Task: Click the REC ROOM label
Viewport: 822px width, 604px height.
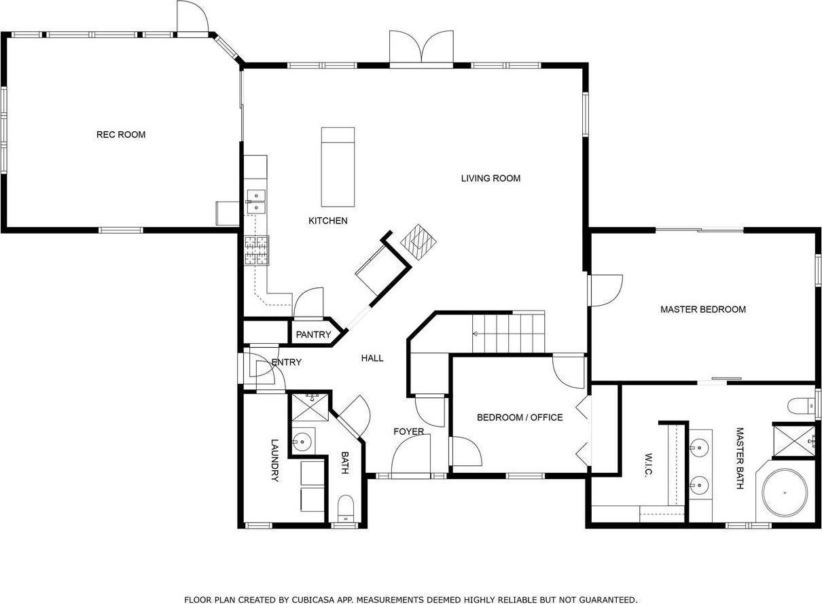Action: (x=121, y=135)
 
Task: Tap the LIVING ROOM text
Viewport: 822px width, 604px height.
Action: (x=490, y=179)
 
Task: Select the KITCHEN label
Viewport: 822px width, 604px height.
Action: (x=327, y=221)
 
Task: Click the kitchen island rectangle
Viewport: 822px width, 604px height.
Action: (x=338, y=167)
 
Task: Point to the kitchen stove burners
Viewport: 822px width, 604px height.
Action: (x=257, y=250)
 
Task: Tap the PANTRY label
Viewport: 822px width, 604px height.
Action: (x=313, y=335)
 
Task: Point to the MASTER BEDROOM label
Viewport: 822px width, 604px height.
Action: (x=703, y=310)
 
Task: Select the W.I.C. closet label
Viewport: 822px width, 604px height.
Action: (x=648, y=465)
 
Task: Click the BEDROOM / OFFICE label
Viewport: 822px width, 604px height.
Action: (x=520, y=417)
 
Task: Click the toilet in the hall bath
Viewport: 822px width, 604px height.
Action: (x=346, y=508)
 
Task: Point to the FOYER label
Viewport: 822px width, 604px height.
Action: (x=409, y=431)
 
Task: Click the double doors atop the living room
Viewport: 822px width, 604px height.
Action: (x=421, y=48)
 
